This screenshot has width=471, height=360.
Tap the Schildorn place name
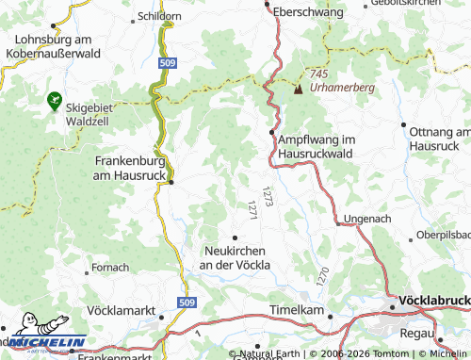coord(158,16)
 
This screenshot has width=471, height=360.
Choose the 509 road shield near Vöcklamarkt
coord(187,301)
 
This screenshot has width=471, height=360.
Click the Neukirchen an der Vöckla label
coord(235,257)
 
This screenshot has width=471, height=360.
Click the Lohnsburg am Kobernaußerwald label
coord(56,48)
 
